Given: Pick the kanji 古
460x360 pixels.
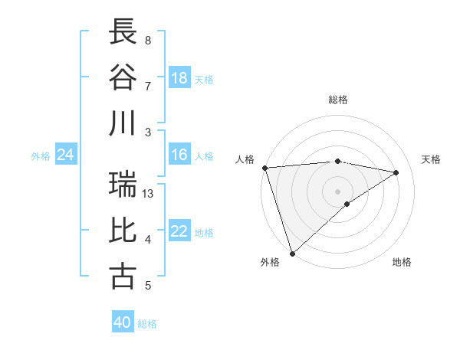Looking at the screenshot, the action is coord(123,276).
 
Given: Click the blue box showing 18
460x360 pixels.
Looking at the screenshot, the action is coord(179,78).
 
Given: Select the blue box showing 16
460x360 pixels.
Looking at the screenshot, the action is coord(179,155).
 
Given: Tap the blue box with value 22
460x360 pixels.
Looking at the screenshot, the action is coord(179,232).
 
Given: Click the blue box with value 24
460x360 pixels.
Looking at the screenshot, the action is coord(66,155).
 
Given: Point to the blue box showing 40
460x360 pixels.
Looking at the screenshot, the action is coord(123,323).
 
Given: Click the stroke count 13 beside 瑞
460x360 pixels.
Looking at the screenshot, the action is coord(149,194).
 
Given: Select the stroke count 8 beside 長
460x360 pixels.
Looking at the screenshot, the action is coord(148,40).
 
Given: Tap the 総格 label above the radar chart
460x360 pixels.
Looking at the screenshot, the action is coord(338,100).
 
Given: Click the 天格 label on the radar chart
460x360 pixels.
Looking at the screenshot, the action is coord(431,159).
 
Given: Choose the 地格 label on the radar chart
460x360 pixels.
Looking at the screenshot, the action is coord(402,262).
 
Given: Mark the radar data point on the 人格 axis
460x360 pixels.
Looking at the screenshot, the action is coord(264,168).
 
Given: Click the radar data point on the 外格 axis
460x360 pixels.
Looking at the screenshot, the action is coord(292,253).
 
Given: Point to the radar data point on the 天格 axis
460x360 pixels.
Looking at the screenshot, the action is coord(396,172).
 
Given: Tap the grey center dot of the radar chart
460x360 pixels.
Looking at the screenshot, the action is coord(337,190).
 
